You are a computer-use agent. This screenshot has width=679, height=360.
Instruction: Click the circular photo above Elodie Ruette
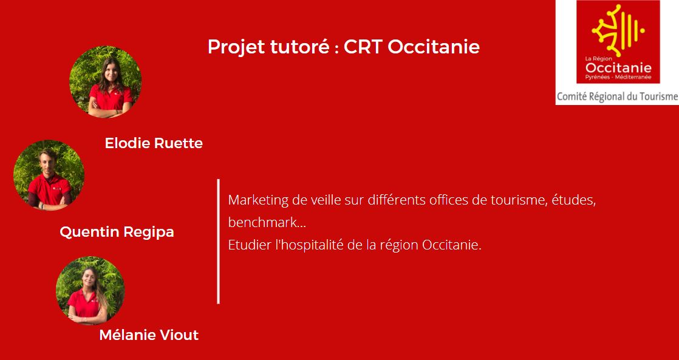[105, 82]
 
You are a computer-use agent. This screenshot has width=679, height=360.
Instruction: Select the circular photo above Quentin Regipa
[49, 175]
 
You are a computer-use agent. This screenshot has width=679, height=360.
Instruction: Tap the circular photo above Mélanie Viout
[90, 291]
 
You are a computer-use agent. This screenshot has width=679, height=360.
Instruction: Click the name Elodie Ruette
[154, 143]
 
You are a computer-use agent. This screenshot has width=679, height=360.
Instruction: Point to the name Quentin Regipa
[117, 232]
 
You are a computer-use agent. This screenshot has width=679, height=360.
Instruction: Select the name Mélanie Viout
[149, 335]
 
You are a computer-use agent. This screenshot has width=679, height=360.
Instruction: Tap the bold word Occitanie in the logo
[618, 68]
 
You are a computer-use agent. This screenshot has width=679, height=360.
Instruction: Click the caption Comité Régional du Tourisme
[617, 97]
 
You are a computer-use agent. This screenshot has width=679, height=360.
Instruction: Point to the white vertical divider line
[218, 242]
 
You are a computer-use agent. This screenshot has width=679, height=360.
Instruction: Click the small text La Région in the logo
[598, 58]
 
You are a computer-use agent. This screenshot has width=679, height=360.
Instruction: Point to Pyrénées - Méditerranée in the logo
[618, 77]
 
